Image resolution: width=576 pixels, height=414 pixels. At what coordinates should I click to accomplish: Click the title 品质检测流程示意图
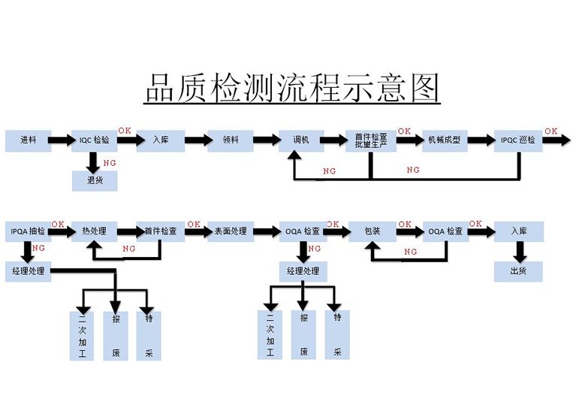(x=291, y=88)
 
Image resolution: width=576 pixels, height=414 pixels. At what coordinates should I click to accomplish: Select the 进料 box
(x=29, y=140)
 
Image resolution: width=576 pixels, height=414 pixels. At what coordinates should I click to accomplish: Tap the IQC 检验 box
(x=94, y=140)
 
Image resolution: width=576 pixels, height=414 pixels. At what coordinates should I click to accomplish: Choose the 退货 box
(x=94, y=180)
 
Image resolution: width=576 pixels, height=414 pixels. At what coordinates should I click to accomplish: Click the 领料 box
(x=231, y=140)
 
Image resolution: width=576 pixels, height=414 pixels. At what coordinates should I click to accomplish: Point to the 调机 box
(x=300, y=140)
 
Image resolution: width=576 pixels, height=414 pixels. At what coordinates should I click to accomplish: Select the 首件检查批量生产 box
(x=370, y=140)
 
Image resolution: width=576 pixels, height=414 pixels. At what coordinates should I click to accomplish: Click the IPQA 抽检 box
(x=28, y=231)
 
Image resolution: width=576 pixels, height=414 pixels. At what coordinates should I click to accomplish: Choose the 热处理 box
(x=94, y=231)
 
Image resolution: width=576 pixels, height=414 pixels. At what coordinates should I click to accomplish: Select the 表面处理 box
(x=230, y=231)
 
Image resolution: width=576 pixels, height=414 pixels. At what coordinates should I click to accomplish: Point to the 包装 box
(x=372, y=231)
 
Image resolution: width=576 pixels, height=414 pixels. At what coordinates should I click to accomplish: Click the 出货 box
(x=517, y=271)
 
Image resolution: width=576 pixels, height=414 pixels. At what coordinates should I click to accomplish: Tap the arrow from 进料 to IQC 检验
(x=61, y=140)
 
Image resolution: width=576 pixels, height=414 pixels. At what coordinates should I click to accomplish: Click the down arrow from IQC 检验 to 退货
(x=94, y=161)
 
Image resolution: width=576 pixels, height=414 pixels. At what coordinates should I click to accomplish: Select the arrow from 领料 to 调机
(x=265, y=140)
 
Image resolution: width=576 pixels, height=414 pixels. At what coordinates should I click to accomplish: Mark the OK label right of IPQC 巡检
(x=550, y=131)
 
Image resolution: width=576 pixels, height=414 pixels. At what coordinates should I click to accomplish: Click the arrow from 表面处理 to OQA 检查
(x=265, y=231)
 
